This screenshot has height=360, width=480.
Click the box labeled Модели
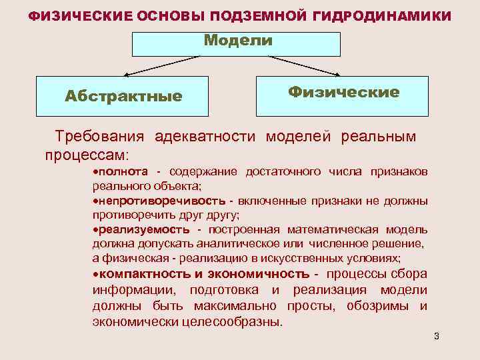point(237,43)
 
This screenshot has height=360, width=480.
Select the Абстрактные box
point(123,96)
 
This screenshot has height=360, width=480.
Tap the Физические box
point(343,93)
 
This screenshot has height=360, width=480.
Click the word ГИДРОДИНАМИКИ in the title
point(384,15)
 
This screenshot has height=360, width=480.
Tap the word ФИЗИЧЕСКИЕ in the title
point(73,15)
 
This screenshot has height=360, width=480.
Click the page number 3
point(436,336)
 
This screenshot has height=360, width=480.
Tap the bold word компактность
point(136,274)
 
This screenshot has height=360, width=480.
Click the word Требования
point(99,137)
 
